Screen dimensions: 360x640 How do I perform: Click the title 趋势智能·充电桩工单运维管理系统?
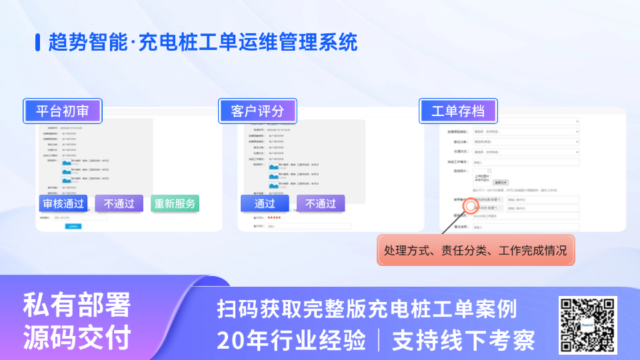[x=203, y=43]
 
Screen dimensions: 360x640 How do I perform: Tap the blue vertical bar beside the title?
[x=38, y=43]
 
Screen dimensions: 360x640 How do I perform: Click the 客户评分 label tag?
[x=257, y=111]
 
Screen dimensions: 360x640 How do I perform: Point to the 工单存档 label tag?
[x=458, y=111]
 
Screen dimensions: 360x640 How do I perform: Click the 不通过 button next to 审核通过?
[x=119, y=203]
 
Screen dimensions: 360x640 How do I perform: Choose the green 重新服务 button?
[x=175, y=203]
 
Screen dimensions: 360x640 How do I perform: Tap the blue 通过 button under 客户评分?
[x=265, y=203]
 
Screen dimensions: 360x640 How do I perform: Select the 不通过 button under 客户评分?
[x=321, y=203]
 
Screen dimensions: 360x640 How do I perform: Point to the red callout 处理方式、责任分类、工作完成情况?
[x=475, y=251]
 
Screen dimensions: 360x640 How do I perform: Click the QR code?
[x=587, y=325]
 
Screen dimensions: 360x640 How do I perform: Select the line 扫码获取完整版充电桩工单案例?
[x=367, y=309]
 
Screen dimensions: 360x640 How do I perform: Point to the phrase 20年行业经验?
[x=291, y=340]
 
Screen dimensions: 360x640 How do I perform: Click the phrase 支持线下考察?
[x=463, y=340]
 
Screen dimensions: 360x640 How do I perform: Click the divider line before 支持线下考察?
[x=379, y=340]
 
